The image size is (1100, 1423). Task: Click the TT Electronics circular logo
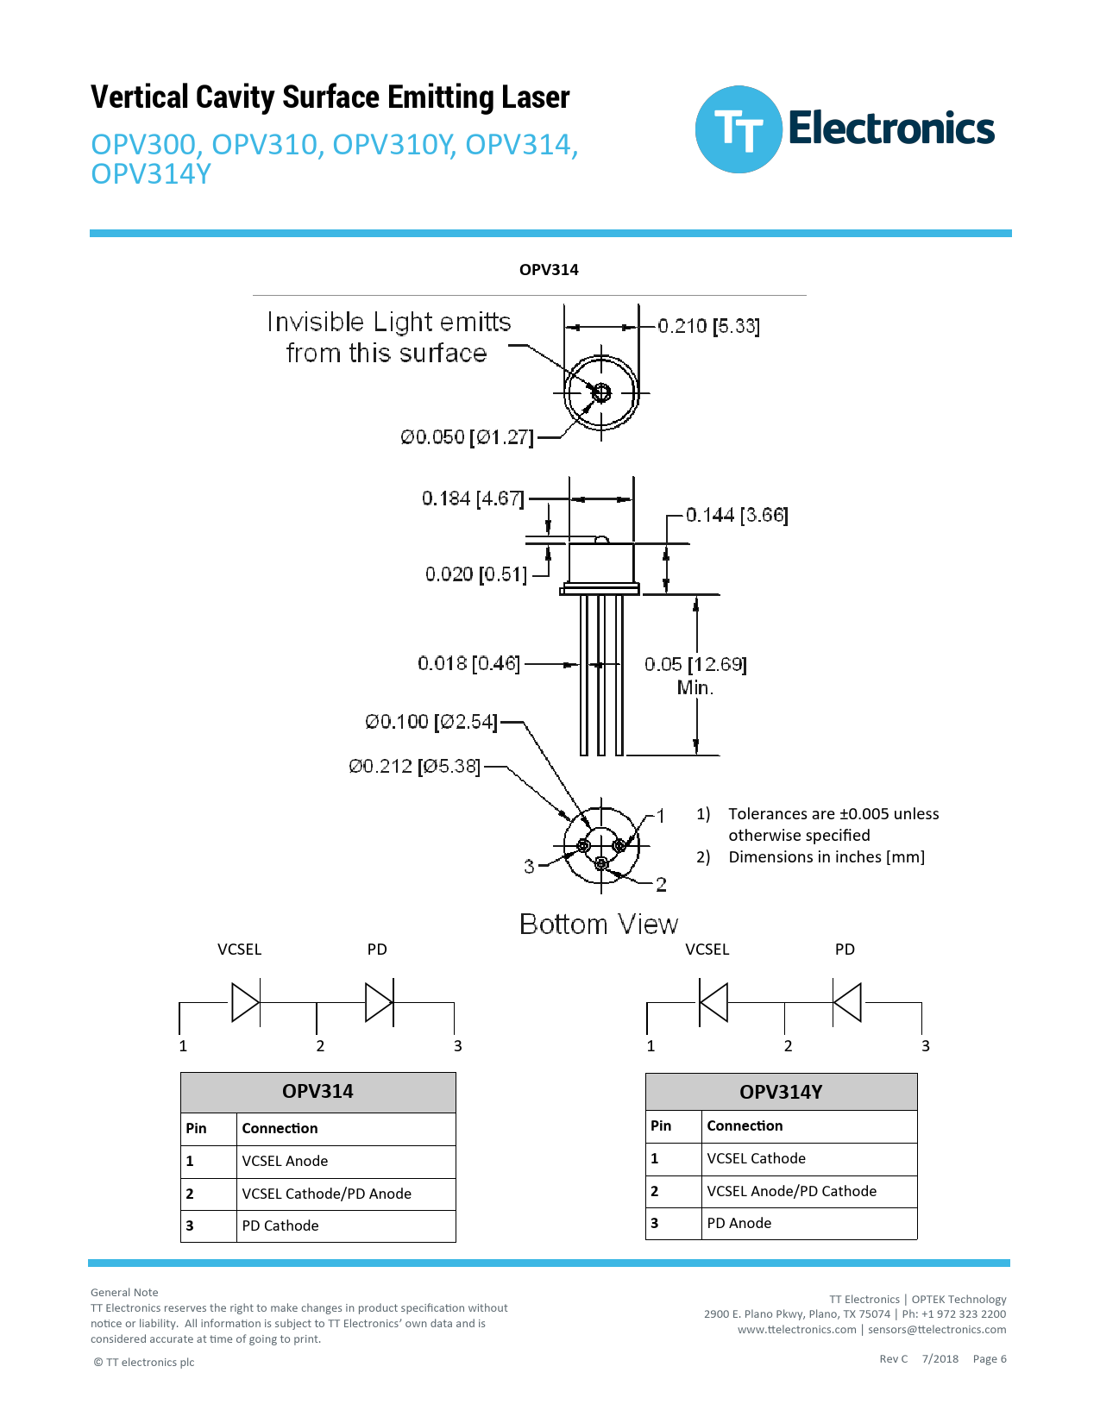739,129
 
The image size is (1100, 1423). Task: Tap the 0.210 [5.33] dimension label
708,326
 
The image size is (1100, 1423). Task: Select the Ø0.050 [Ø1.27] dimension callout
467,437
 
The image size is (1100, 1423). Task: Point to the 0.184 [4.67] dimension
473,498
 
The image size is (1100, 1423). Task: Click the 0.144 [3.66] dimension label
737,515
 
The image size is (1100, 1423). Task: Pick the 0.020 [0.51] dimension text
475,574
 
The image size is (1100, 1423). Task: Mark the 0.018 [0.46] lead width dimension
469,663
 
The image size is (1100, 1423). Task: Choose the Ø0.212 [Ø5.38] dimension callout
414,766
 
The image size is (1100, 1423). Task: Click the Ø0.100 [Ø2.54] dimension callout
431,721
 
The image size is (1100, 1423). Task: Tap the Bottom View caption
599,925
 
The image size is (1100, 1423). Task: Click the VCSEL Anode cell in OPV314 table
285,1161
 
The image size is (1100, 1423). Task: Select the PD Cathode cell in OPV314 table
280,1226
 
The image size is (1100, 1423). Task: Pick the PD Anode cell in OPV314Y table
739,1223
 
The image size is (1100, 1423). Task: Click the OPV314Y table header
781,1092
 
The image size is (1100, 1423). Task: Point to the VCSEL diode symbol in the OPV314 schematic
246,1002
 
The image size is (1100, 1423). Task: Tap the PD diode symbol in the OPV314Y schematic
847,1002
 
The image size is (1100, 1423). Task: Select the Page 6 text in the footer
990,1359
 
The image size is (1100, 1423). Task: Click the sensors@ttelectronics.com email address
937,1330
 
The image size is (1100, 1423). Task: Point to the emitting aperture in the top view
601,392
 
